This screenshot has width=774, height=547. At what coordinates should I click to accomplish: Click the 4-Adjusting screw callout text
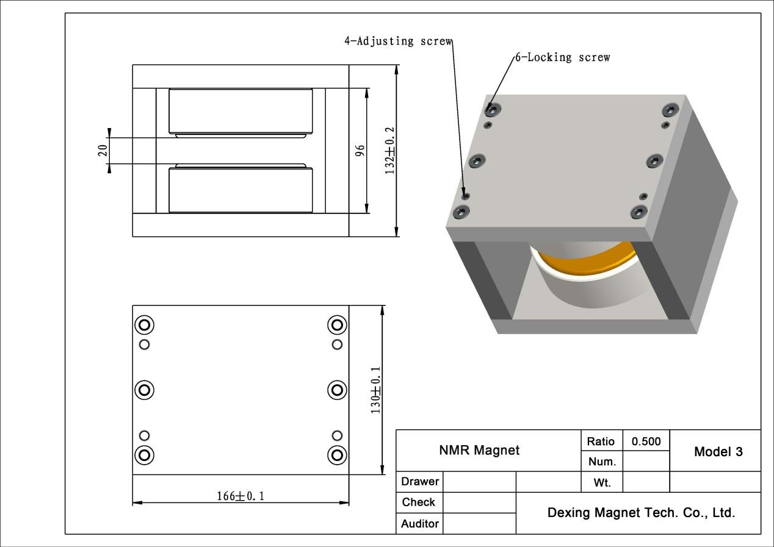tap(398, 41)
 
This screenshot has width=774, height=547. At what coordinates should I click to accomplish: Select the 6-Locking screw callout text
tap(563, 57)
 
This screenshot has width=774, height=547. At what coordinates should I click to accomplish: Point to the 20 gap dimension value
tap(103, 151)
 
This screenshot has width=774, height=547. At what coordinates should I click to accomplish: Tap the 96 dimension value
tap(360, 151)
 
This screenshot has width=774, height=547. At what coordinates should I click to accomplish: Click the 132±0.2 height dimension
tap(389, 151)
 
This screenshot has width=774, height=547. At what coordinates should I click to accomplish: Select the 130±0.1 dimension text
tap(375, 390)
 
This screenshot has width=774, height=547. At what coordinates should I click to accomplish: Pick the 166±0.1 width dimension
tap(241, 496)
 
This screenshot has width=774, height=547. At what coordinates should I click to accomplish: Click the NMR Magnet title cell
tap(479, 450)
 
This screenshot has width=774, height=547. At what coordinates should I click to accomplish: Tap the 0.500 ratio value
tap(646, 441)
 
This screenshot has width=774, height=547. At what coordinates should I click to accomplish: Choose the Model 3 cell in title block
tap(718, 451)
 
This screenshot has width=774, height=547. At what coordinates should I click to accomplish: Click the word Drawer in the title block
tap(420, 481)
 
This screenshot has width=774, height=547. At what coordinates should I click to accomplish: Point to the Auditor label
tap(420, 524)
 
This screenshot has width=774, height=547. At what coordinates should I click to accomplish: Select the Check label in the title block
tap(419, 502)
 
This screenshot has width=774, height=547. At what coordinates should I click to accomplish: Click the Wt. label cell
tap(602, 482)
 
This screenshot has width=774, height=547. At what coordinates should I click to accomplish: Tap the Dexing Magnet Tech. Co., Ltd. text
tap(642, 512)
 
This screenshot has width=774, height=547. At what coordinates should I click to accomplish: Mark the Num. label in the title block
tap(602, 462)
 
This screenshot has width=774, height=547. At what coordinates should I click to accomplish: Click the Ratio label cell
tap(601, 441)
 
